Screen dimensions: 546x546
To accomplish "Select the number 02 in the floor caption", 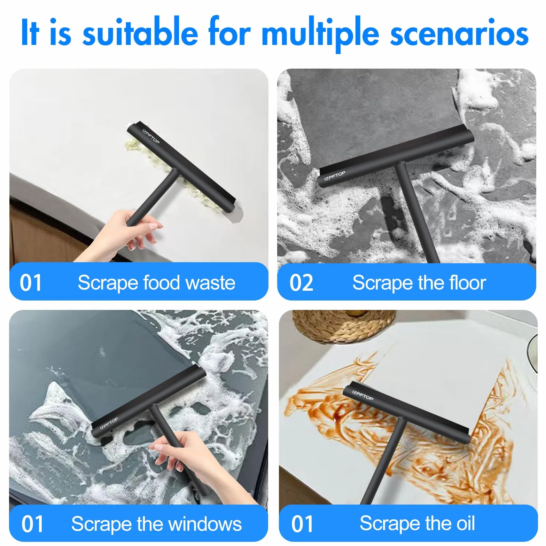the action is [301, 283].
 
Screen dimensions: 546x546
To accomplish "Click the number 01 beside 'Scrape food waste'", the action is [31, 282].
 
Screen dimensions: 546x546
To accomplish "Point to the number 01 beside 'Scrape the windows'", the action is [32, 524].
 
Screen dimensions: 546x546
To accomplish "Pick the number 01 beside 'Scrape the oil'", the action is [302, 524].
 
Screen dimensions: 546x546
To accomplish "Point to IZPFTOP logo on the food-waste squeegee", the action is [151, 136].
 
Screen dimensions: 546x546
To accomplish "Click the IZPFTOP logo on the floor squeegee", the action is [335, 176].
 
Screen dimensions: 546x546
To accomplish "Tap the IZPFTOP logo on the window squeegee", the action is [109, 423].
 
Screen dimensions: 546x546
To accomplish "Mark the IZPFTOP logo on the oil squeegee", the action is [362, 395].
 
